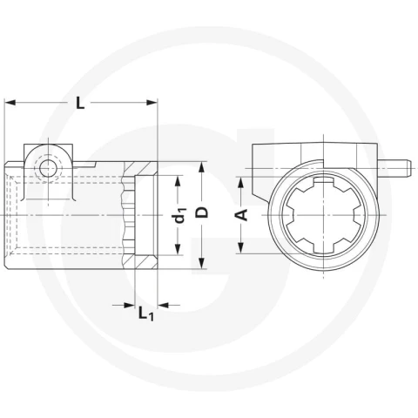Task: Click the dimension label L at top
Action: pos(80,103)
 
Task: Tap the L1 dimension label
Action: pos(146,313)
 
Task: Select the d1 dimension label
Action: pos(180,215)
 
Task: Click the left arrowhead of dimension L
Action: pos(10,103)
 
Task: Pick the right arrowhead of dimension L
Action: pos(152,103)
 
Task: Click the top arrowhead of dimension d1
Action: pos(178,181)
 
